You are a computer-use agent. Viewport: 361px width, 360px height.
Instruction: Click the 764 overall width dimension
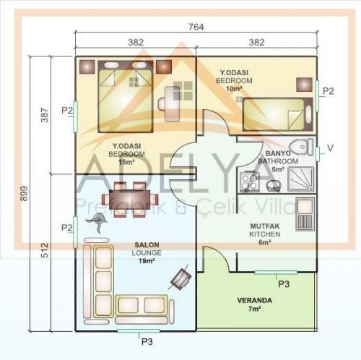coord(196,27)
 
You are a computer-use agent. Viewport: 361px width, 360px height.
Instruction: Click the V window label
coord(330,149)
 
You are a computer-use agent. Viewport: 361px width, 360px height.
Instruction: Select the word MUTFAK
coord(260,227)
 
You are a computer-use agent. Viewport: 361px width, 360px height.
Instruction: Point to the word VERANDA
coord(255,300)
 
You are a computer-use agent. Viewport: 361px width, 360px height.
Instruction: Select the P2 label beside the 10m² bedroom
coord(329,91)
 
